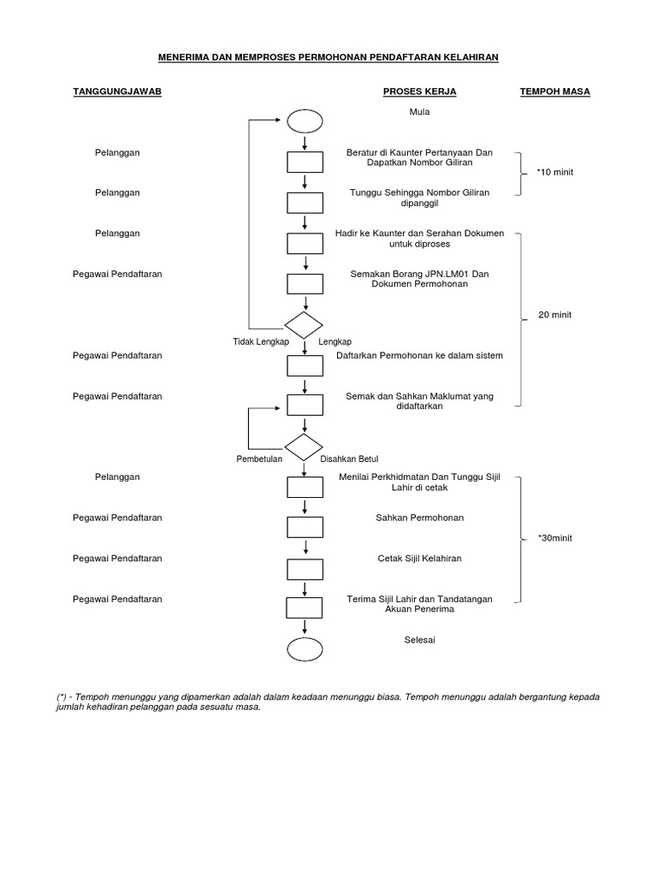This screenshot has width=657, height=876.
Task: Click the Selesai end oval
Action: coord(305,649)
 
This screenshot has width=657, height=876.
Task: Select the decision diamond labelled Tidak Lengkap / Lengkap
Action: coord(305,326)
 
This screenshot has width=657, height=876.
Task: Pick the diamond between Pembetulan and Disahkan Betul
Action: coord(305,447)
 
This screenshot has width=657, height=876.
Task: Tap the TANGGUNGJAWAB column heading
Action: coord(118,92)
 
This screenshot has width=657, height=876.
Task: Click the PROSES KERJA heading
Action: coord(419,92)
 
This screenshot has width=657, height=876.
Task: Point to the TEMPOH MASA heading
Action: coord(555,92)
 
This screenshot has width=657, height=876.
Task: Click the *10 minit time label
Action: coord(555,173)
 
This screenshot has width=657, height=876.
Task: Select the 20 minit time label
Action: coord(554,315)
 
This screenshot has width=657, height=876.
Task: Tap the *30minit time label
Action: coord(555,538)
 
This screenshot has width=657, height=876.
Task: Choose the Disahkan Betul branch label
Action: coord(348,459)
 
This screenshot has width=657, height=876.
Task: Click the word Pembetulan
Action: coord(260,459)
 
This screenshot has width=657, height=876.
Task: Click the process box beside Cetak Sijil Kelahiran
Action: coord(305,568)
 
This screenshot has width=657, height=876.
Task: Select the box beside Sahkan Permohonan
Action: coord(305,528)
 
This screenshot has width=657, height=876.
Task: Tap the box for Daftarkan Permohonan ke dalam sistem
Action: coord(305,365)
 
